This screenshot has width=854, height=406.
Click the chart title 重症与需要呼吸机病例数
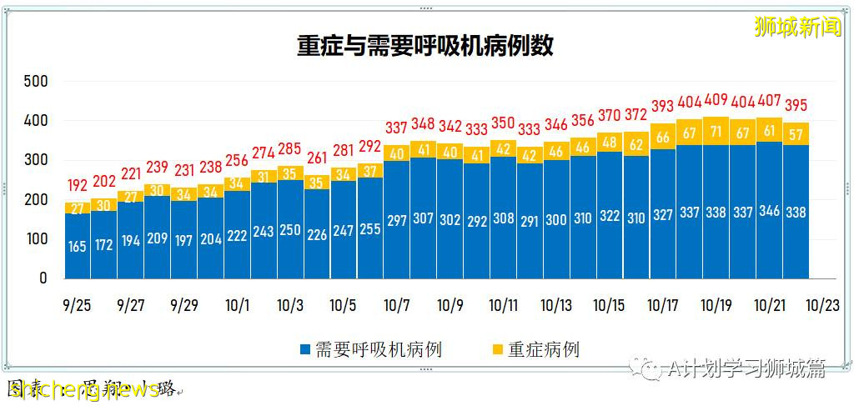pyautogui.click(x=425, y=45)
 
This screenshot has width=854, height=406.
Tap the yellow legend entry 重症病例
pyautogui.click(x=534, y=348)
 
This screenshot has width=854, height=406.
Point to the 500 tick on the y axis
pyautogui.click(x=36, y=82)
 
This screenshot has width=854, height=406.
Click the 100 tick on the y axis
pyautogui.click(x=36, y=239)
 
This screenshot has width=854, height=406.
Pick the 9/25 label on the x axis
pyautogui.click(x=77, y=305)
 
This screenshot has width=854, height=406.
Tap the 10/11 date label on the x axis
pyautogui.click(x=503, y=305)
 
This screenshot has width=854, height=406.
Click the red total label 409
pyautogui.click(x=716, y=101)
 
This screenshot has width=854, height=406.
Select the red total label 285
pyautogui.click(x=291, y=150)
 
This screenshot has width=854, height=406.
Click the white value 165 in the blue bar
pyautogui.click(x=78, y=247)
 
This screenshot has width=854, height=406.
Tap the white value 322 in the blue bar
pyautogui.click(x=610, y=217)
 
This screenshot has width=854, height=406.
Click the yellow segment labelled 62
pyautogui.click(x=636, y=144)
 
